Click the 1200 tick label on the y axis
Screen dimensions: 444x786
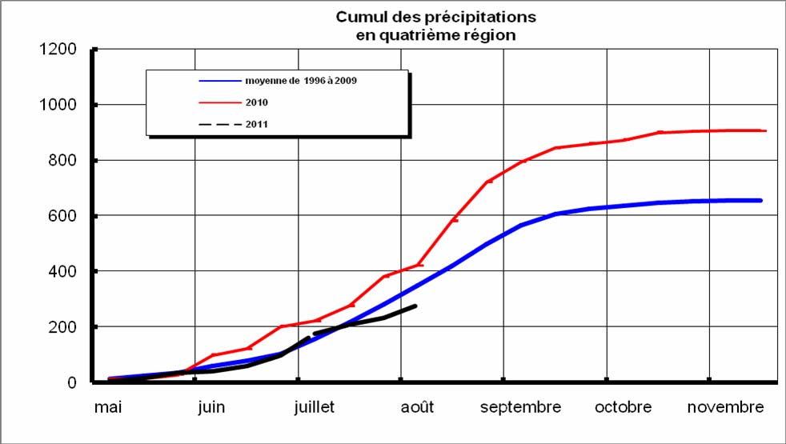pos(59,50)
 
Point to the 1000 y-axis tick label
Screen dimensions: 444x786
pos(59,105)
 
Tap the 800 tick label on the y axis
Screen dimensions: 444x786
pos(63,161)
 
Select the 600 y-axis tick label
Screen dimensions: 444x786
pos(63,216)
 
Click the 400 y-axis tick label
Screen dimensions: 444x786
pos(63,272)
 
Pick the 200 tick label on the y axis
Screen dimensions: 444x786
pos(63,327)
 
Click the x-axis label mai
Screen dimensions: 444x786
pos(108,407)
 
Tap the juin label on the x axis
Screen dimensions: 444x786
pos(211,407)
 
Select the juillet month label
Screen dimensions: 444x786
pos(314,407)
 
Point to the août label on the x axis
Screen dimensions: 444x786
pos(417,407)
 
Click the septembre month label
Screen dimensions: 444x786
pos(520,407)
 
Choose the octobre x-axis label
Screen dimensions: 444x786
pos(623,407)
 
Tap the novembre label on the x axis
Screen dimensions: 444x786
pos(726,407)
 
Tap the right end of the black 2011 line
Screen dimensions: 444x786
pos(415,306)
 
